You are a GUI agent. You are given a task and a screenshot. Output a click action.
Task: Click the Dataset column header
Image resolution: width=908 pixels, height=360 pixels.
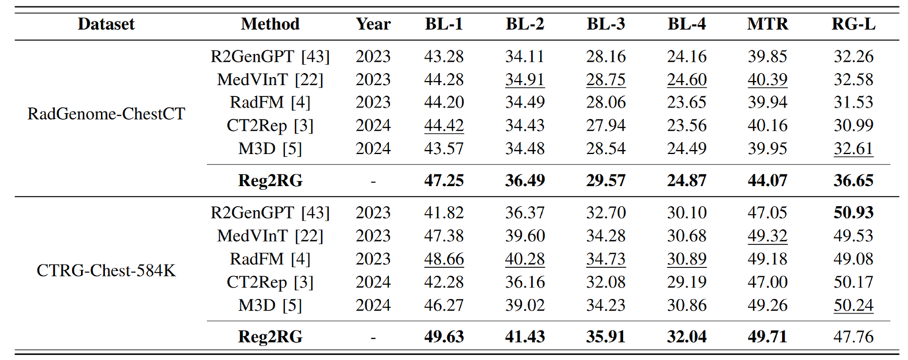(106, 24)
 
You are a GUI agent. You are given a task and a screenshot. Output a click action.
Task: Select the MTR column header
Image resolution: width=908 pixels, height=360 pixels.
(767, 24)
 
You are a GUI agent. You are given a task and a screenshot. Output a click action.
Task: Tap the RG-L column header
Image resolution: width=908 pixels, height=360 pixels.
(853, 24)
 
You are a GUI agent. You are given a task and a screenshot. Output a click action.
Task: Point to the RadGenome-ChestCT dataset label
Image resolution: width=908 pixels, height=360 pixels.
(106, 114)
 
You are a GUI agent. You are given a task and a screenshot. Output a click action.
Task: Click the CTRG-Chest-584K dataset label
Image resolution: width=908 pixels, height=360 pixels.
(106, 270)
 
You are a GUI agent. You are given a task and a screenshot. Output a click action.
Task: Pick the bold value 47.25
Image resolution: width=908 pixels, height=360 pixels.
(444, 180)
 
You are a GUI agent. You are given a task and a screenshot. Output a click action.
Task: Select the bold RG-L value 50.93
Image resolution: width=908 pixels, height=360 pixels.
(853, 213)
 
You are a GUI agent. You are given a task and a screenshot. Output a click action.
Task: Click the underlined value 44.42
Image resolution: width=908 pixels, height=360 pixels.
(444, 125)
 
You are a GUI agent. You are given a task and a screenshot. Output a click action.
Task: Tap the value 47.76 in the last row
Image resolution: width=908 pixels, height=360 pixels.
(853, 337)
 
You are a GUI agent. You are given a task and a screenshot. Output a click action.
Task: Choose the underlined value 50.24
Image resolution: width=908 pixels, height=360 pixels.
(853, 305)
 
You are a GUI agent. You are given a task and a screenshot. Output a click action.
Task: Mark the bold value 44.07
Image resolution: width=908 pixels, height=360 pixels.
(767, 180)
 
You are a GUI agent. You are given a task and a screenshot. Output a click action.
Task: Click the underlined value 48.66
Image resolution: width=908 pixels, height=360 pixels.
(444, 259)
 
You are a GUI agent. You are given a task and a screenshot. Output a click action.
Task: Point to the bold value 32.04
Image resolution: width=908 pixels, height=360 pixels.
(687, 337)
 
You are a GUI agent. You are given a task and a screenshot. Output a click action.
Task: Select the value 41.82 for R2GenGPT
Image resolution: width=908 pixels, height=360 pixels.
(444, 213)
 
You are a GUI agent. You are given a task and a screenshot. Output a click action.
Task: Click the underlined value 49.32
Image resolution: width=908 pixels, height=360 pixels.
(767, 236)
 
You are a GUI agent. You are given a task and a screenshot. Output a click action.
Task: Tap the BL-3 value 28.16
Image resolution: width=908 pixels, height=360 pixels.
(606, 57)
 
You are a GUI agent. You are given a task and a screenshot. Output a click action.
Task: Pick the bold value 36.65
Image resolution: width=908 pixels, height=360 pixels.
(853, 180)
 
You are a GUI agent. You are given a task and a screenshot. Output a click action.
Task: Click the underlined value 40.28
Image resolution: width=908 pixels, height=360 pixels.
(525, 259)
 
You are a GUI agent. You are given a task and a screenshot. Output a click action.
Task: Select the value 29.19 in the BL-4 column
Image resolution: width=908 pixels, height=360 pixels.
(687, 282)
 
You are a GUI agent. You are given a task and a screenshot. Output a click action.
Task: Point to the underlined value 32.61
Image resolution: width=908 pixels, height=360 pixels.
(853, 148)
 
